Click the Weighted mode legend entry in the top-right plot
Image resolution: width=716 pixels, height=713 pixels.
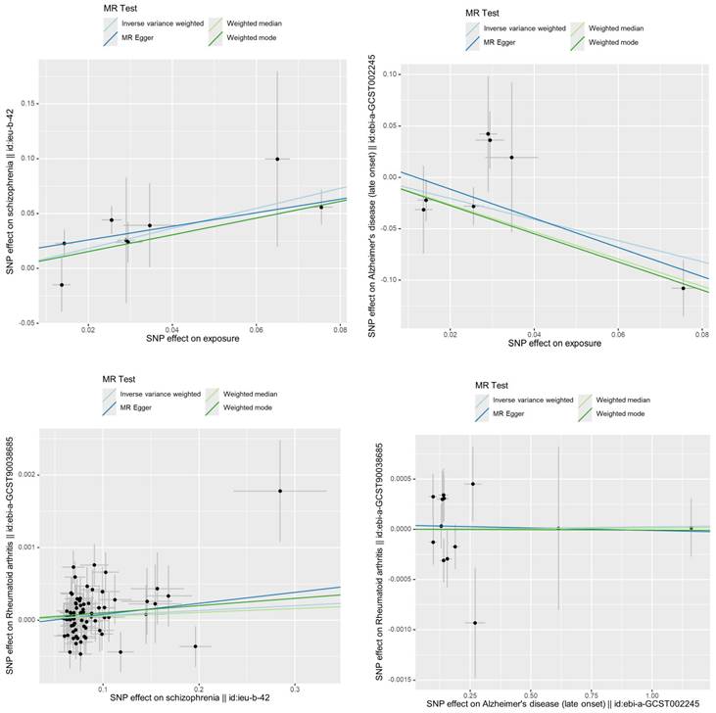615,43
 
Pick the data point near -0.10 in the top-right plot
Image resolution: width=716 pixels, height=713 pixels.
684,288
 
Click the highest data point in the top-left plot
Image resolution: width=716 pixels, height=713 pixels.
277,159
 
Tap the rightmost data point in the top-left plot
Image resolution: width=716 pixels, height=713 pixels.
321,207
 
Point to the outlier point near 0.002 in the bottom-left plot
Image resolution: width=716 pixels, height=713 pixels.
280,491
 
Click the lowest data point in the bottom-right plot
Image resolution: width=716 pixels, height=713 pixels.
475,622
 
